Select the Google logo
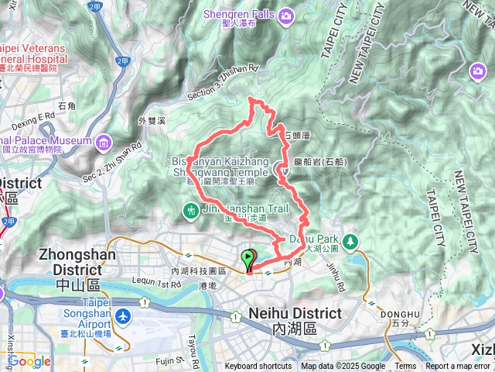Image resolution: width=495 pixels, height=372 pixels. pos(29,361)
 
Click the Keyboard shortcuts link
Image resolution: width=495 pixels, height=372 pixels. pos(258,367)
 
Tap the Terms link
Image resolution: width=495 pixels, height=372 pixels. pos(405,367)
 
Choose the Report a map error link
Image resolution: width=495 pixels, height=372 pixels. pos(459,367)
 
